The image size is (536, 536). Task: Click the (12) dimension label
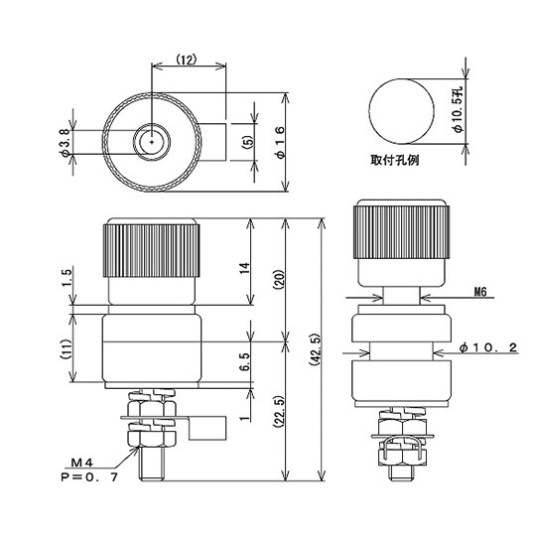coord(188,60)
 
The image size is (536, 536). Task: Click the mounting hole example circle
coord(401,109)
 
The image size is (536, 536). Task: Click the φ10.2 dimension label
coord(497,348)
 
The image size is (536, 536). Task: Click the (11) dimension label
coord(65,349)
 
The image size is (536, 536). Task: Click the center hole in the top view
coord(151,142)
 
